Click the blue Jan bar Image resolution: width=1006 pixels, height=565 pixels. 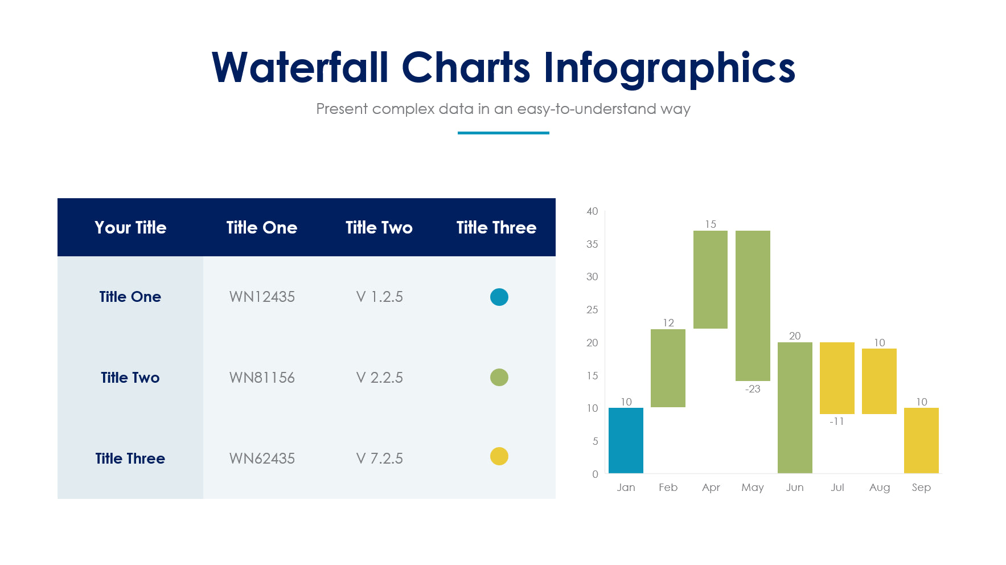(626, 440)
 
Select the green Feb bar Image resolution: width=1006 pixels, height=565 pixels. (668, 368)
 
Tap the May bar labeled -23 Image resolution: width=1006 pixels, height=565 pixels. (753, 305)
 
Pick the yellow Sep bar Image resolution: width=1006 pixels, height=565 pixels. (921, 440)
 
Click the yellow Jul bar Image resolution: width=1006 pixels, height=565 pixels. (837, 378)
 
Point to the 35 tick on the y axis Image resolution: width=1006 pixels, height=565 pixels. (592, 244)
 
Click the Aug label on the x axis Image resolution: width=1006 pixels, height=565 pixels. (879, 488)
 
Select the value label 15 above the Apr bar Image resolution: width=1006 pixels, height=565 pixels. (711, 224)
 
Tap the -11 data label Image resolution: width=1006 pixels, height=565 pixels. (836, 421)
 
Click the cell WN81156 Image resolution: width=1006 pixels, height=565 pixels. (262, 378)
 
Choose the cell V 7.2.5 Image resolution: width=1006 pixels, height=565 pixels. (379, 458)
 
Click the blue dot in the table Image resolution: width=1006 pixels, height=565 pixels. (499, 297)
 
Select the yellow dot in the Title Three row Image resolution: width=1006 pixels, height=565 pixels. (499, 456)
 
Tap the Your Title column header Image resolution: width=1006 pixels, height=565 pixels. (130, 227)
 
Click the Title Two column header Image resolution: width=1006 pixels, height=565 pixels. (379, 227)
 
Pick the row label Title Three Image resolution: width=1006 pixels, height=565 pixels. (130, 458)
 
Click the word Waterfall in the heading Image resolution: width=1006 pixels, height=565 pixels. (300, 68)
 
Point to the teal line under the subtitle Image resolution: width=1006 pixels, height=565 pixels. (503, 133)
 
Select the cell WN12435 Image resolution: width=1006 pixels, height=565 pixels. (262, 297)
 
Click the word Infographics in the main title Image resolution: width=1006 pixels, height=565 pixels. (669, 68)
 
